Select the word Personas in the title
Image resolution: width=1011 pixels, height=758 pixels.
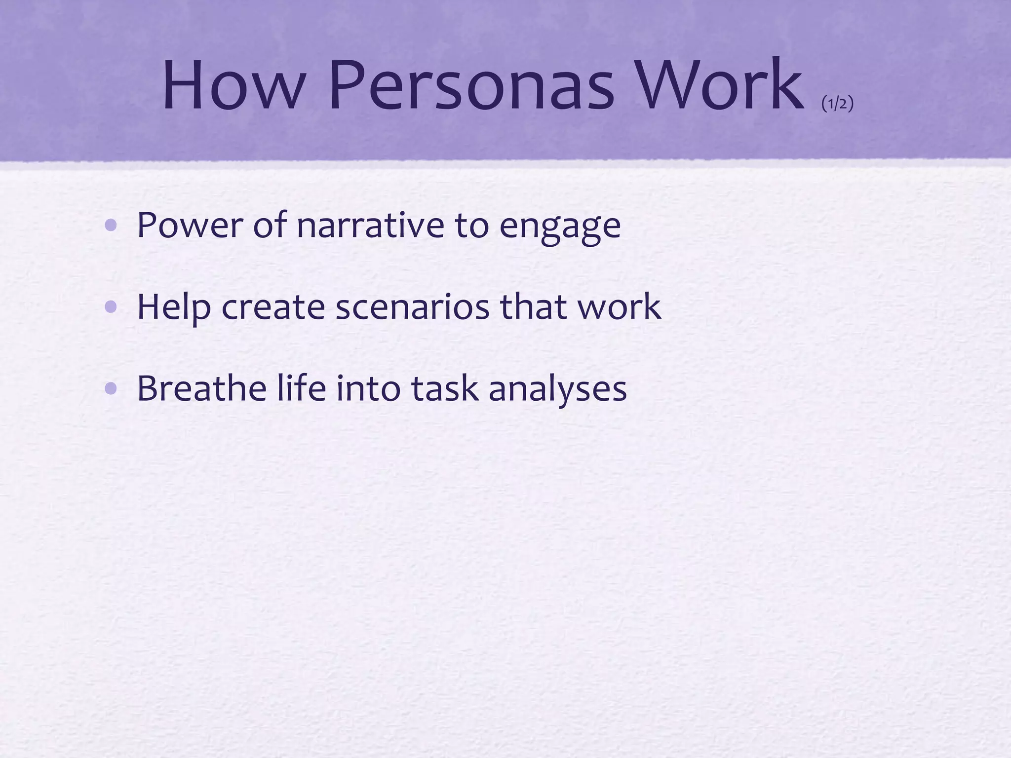pos(471,84)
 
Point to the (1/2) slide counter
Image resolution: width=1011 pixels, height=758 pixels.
pos(837,104)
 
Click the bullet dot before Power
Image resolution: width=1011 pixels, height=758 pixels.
pos(112,226)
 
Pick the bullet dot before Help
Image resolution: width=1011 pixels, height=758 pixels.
pos(112,307)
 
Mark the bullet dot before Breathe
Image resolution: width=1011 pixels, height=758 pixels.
pos(112,389)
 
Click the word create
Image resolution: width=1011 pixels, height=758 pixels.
pos(273,307)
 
